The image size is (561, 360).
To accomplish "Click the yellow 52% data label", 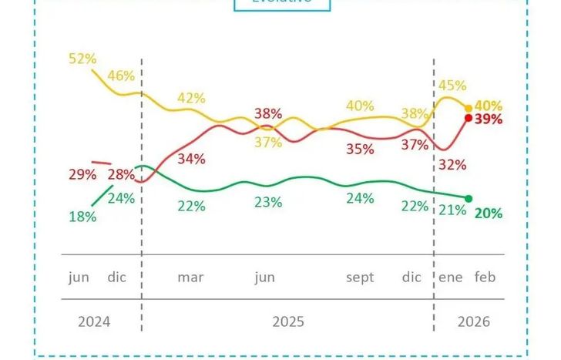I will tap(82, 59).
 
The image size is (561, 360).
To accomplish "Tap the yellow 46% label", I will tap(121, 76).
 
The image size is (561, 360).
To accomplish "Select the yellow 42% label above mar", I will tap(191, 98).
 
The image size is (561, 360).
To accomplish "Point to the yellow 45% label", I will tap(453, 85).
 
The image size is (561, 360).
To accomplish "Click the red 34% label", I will tap(191, 159).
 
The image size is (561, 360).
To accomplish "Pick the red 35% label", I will tap(360, 149).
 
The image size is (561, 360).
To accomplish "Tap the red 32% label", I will tap(453, 164).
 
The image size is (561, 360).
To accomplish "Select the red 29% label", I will tap(82, 175).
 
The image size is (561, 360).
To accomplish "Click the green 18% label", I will tap(82, 217).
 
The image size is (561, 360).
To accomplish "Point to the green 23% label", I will tap(268, 203).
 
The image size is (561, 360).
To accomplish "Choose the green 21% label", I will tap(453, 210).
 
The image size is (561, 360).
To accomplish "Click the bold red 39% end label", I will tap(489, 119).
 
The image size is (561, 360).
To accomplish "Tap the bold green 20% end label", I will tap(489, 214).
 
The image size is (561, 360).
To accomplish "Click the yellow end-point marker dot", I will tap(469, 108).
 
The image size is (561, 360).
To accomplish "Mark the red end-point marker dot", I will tap(469, 118).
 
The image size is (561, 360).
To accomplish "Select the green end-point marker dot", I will tap(469, 199).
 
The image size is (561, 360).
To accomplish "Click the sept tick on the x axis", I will tap(361, 278).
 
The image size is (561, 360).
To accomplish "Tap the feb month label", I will tap(485, 278).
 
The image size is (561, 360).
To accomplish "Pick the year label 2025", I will tap(287, 321).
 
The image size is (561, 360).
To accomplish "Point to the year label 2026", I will tap(473, 321).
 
